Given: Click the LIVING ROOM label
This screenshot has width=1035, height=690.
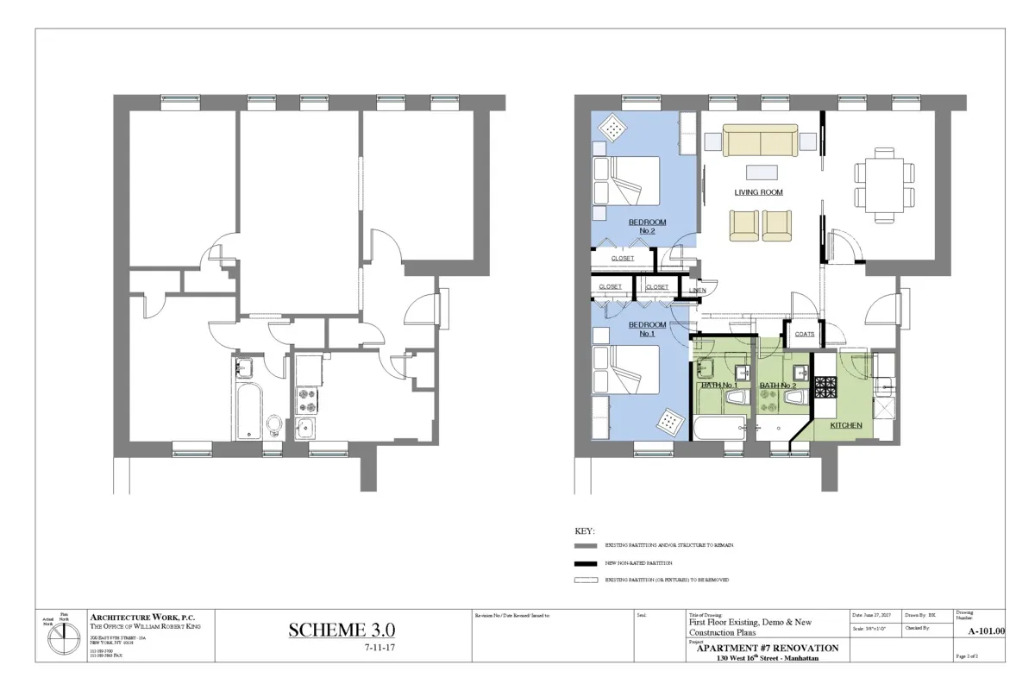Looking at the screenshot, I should coord(758,192).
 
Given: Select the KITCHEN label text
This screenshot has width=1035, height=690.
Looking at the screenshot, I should coord(845,425).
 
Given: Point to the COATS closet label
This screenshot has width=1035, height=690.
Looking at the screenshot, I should coord(804,334).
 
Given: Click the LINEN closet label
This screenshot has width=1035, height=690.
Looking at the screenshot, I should coord(698,291).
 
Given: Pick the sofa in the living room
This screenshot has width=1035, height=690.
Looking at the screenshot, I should coord(759,139).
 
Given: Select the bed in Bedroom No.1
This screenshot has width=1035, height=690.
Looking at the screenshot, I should coord(628,371).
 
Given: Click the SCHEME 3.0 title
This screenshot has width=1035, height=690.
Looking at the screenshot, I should coord(342,630).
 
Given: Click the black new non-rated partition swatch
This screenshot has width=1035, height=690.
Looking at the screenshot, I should coord(586,562).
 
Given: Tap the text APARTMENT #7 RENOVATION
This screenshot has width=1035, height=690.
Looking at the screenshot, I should coord(767,648).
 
